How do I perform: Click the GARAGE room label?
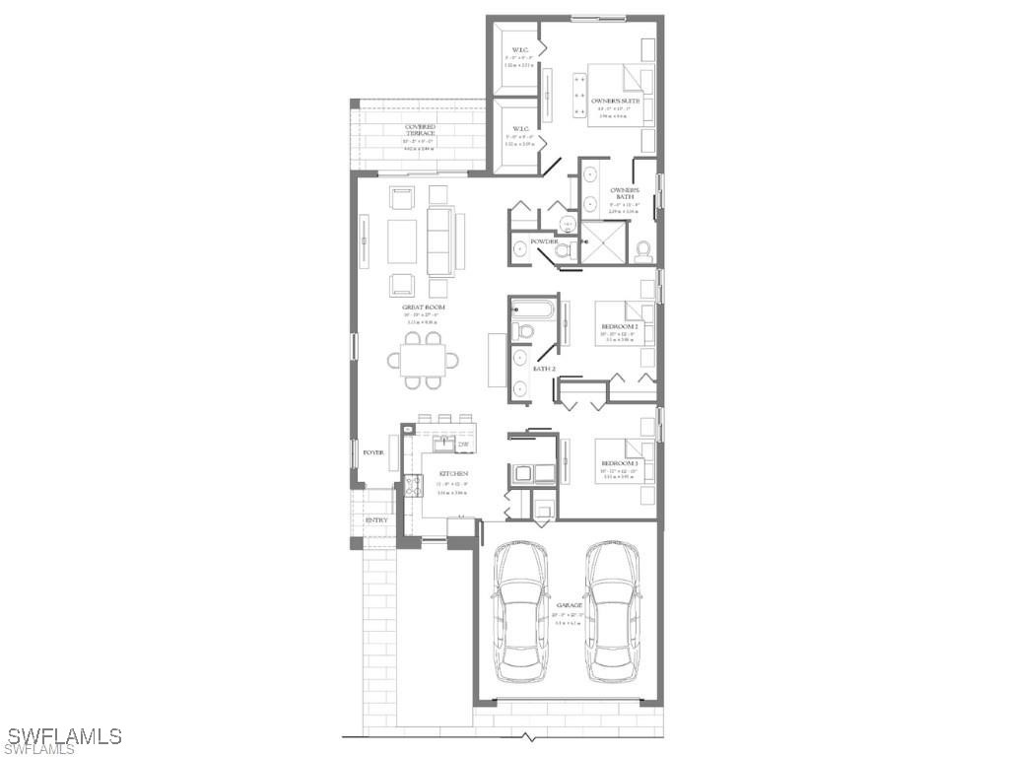tap(569, 604)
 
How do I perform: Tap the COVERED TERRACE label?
tap(420, 130)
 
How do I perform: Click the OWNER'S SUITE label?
tap(616, 101)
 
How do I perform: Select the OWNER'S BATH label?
tap(625, 193)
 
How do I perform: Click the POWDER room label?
tap(544, 241)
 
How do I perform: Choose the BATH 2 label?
tap(544, 369)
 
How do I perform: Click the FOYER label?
tap(372, 452)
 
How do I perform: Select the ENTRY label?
tap(375, 520)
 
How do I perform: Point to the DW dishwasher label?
tap(462, 445)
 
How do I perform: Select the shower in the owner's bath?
tap(604, 243)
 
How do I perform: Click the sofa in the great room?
tap(441, 241)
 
